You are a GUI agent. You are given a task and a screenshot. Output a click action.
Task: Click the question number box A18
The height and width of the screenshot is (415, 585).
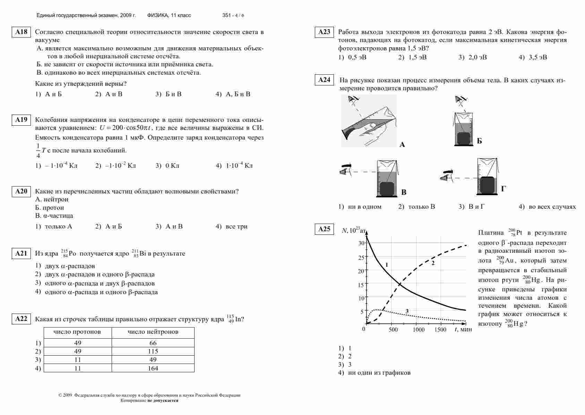click(21, 32)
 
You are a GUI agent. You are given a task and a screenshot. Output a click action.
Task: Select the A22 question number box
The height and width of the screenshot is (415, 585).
click(21, 319)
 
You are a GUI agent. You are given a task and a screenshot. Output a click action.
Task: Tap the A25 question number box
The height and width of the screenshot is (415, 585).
click(324, 229)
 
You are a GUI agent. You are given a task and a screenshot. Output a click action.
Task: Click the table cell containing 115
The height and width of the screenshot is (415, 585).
click(153, 351)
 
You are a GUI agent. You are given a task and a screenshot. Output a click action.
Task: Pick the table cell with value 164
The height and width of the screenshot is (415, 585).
click(153, 368)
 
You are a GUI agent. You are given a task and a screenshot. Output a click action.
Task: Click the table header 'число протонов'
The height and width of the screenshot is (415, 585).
click(77, 332)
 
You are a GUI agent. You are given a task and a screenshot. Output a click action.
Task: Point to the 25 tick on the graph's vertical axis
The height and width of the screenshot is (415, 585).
click(361, 258)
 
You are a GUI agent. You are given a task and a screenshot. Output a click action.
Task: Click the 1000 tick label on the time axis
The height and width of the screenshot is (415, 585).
click(419, 330)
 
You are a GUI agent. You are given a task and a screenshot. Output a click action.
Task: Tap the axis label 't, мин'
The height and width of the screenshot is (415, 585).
click(463, 330)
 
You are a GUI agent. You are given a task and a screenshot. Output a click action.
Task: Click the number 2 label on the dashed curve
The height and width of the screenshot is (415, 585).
click(433, 263)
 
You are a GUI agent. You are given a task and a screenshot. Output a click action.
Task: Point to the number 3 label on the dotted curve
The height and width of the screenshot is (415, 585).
click(407, 311)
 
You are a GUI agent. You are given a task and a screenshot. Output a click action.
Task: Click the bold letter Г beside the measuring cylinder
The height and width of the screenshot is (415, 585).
click(504, 189)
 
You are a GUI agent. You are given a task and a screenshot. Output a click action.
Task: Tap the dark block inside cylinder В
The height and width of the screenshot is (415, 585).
click(387, 189)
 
